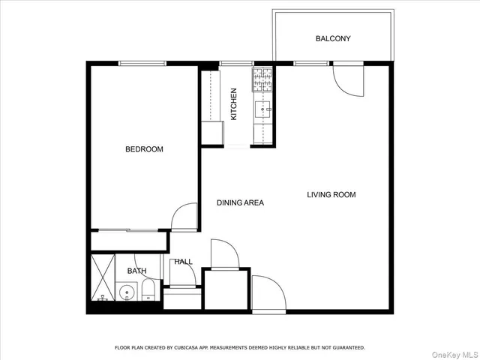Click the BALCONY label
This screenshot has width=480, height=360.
(333, 38)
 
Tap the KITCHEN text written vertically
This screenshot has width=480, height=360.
(233, 104)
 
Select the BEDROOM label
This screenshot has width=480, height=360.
(143, 149)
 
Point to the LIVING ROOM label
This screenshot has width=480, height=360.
(331, 195)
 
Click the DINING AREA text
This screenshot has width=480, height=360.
(240, 202)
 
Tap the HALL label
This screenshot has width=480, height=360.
(183, 262)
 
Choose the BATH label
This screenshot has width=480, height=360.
(136, 271)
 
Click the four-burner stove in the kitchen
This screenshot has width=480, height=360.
(262, 77)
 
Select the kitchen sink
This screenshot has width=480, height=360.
(262, 111)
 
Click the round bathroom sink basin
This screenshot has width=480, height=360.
(124, 292)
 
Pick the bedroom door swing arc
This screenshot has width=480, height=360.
(183, 217)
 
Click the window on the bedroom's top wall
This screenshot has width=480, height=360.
(142, 63)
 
